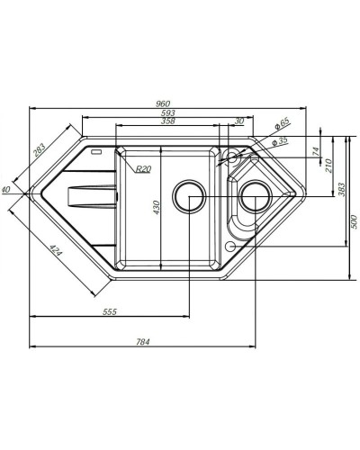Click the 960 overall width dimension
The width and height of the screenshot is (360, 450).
pos(162,102)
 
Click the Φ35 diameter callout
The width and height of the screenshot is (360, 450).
pos(281,141)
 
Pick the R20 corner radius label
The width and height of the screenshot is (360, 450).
pos(142,169)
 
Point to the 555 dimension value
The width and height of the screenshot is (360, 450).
pos(110,311)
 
